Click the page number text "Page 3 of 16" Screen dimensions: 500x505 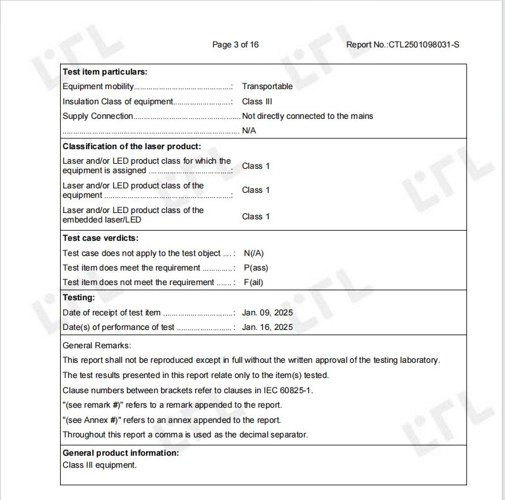tap(235, 44)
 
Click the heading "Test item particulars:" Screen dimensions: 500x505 tap(105, 72)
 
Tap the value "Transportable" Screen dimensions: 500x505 tap(267, 87)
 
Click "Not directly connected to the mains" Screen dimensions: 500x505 tap(307, 116)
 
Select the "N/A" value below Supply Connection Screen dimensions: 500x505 tap(249, 131)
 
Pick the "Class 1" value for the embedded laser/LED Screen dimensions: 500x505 tap(256, 216)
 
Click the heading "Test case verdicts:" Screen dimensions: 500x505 tap(100, 238)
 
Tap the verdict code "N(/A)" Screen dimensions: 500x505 tap(253, 253)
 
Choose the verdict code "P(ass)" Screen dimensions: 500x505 tap(255, 268)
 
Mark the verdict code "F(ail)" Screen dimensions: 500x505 tap(253, 283)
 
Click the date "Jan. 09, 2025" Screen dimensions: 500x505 tap(267, 313)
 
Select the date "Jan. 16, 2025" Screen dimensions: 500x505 tap(267, 327)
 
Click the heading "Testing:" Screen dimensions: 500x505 tap(79, 297)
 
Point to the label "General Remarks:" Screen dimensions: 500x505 tap(97, 346)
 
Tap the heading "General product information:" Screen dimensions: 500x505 tap(121, 453)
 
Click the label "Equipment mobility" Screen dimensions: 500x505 tap(98, 87)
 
